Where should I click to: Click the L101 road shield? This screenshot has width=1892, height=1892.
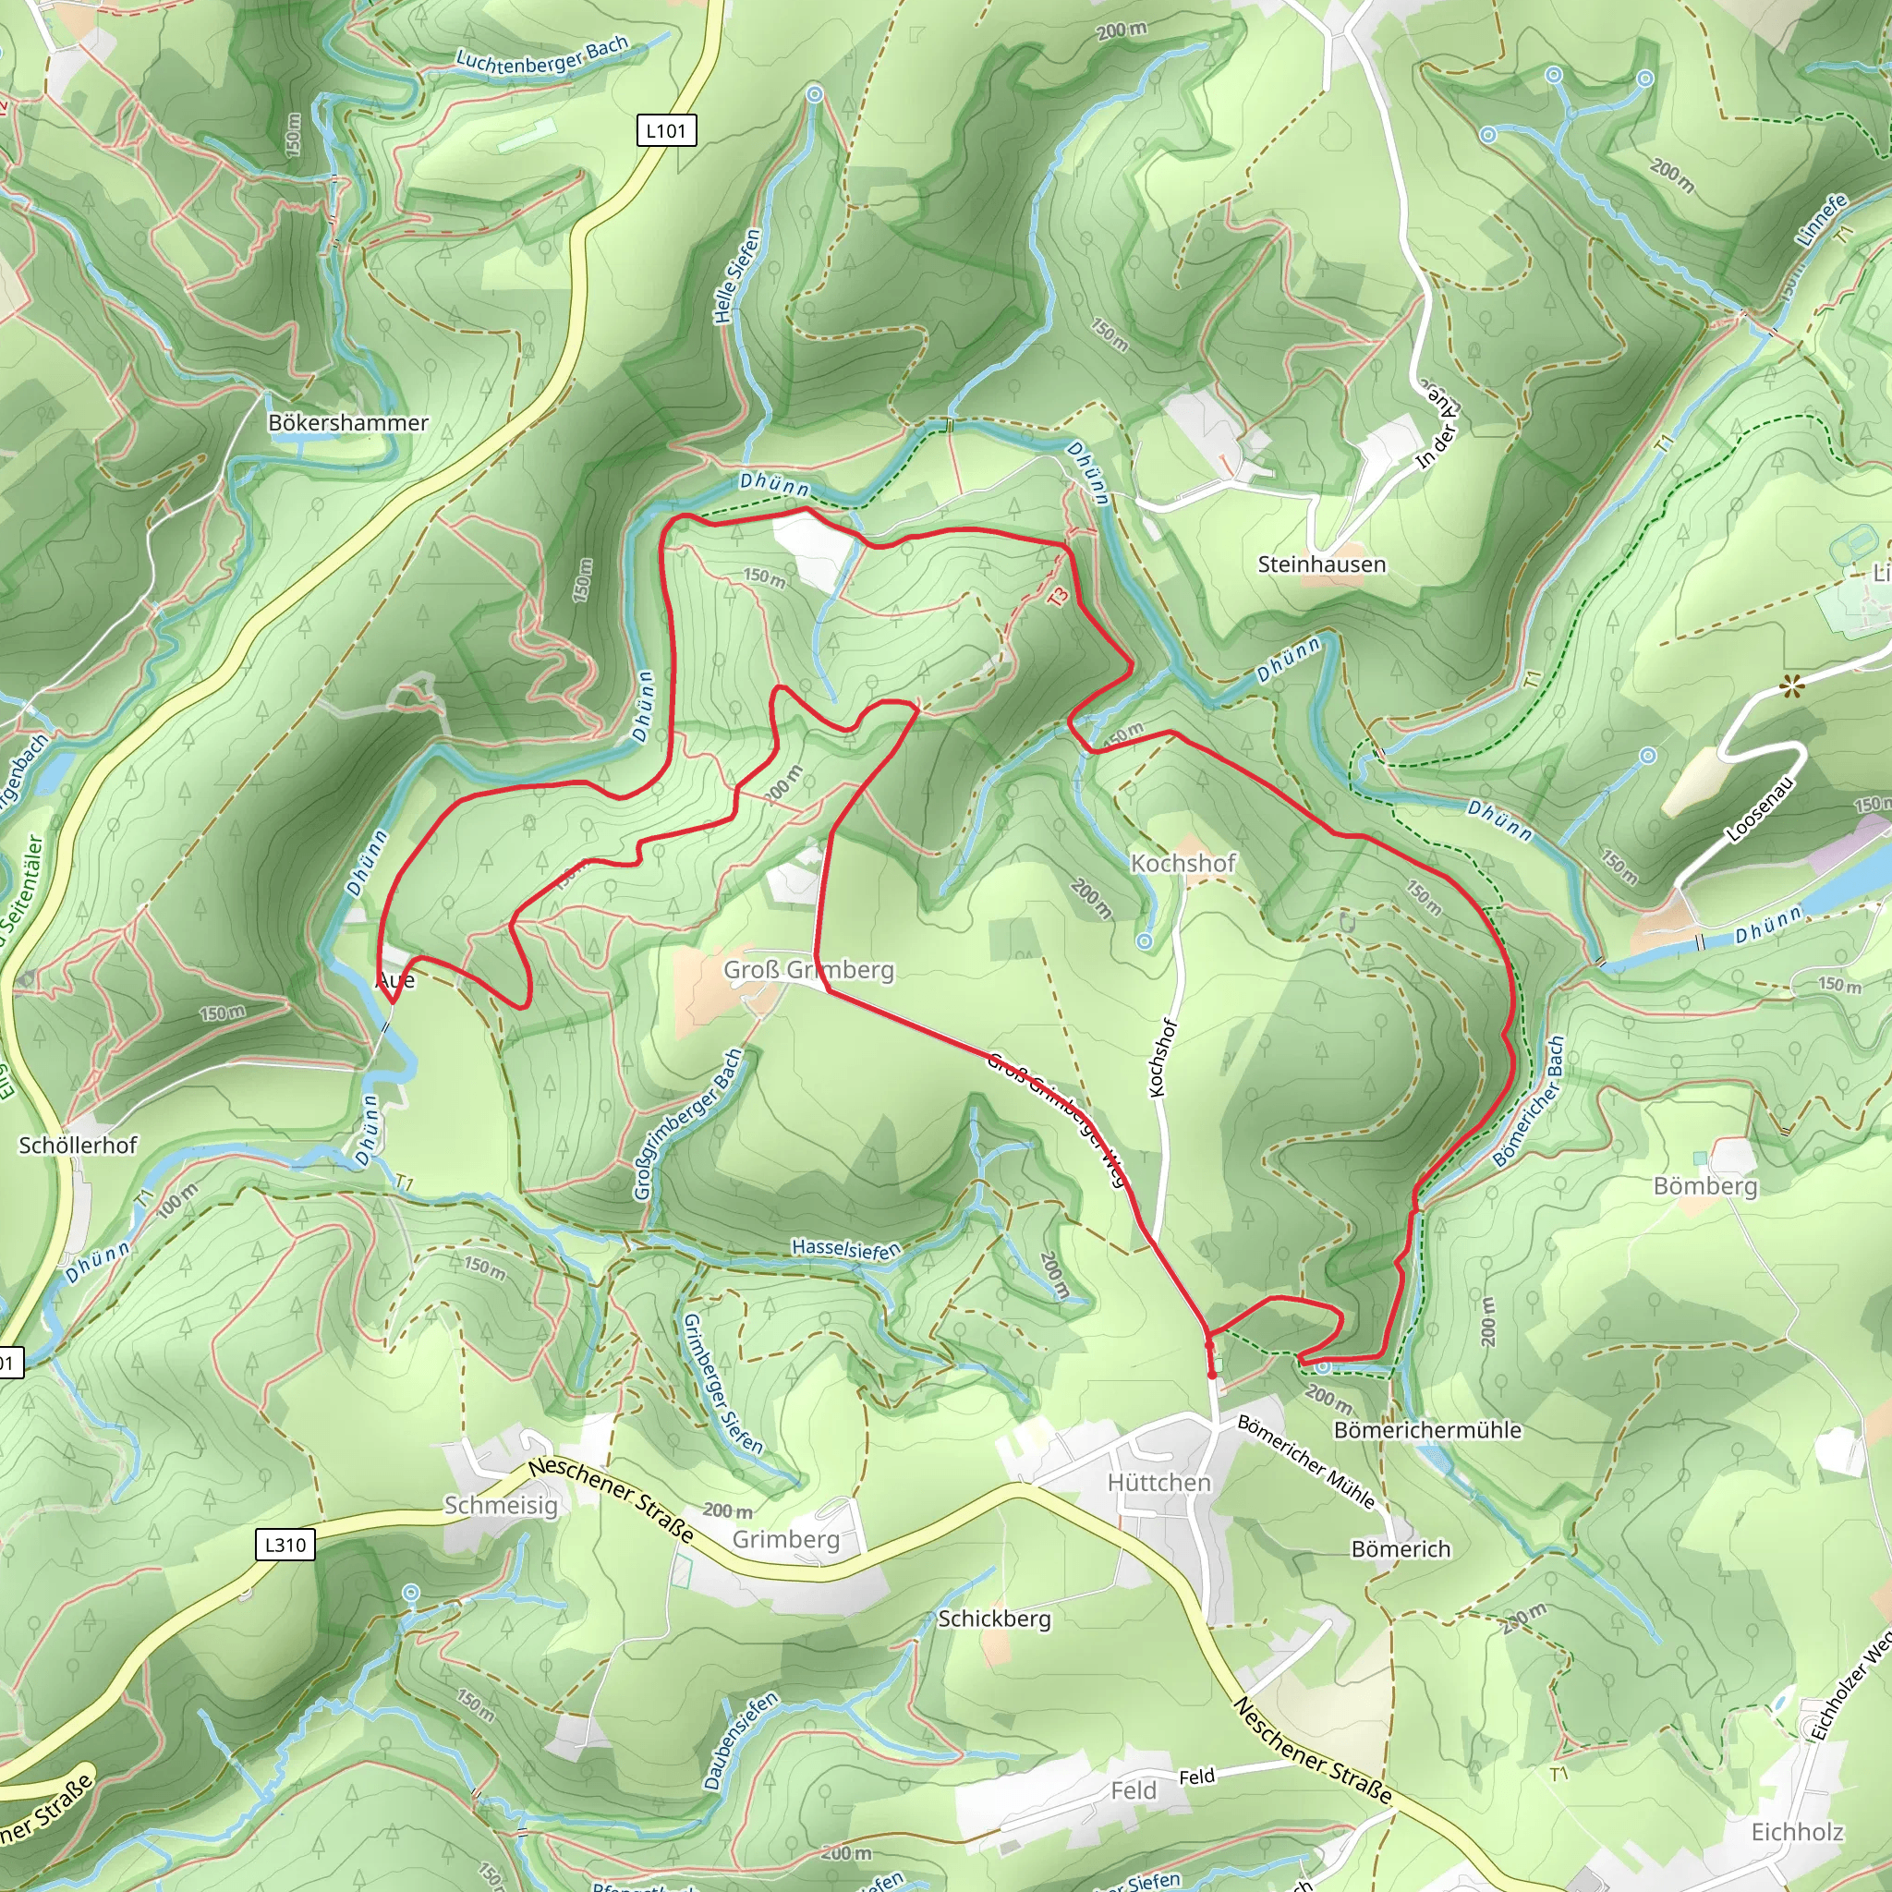tap(666, 130)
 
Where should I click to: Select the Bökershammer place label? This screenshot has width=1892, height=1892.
tap(347, 423)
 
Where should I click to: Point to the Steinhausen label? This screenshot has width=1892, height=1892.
tap(1321, 564)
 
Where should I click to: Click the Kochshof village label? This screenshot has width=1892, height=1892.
tap(1183, 863)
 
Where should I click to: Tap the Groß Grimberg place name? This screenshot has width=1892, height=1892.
tap(808, 969)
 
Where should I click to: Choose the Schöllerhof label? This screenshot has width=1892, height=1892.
tap(78, 1145)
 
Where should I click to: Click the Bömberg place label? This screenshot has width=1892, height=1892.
tap(1705, 1186)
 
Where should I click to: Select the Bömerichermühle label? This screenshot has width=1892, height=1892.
tap(1426, 1430)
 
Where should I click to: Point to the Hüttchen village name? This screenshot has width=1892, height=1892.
tap(1158, 1483)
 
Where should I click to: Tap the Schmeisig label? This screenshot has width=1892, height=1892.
tap(501, 1505)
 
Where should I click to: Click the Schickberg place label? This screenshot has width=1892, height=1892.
tap(994, 1619)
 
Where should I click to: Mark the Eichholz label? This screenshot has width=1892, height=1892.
tap(1797, 1831)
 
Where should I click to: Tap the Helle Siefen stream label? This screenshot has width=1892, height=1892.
tap(737, 277)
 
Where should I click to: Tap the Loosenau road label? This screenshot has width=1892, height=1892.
tap(1761, 810)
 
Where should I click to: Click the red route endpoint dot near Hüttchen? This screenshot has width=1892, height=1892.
tap(1212, 1375)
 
